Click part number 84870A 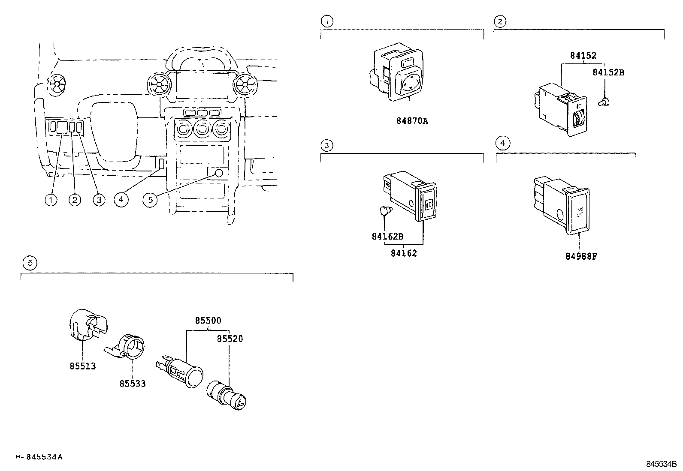(412, 121)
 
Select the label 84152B (608, 72)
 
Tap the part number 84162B (387, 237)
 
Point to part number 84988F (581, 257)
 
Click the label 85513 (83, 366)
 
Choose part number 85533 (132, 384)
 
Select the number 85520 (230, 339)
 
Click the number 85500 (208, 321)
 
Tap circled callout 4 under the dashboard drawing (121, 199)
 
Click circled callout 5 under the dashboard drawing (150, 200)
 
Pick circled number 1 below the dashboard (51, 200)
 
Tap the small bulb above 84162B (384, 211)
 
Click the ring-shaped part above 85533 (128, 345)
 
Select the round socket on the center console (219, 173)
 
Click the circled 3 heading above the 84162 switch (326, 146)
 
